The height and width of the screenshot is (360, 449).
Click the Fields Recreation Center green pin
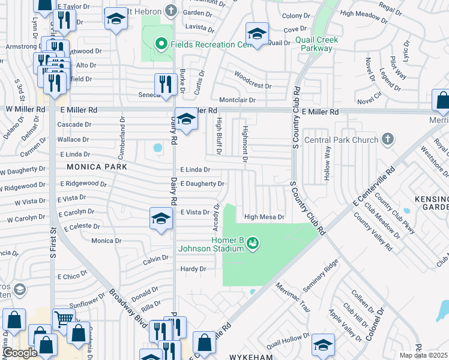160,43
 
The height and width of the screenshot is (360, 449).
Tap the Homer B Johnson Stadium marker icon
253,242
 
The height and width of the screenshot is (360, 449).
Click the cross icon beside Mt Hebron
172,10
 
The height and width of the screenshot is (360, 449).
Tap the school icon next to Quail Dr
256,34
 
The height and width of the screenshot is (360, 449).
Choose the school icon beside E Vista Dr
161,218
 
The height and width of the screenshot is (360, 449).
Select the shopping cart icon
64,319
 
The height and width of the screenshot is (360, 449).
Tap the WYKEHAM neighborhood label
251,356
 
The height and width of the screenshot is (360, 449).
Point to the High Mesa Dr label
264,217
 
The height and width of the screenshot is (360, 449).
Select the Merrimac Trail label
294,298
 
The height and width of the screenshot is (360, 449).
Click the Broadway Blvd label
128,308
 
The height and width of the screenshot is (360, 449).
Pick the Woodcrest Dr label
253,77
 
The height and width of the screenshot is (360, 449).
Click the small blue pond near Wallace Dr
158,147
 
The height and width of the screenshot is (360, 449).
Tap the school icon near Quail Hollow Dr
323,345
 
